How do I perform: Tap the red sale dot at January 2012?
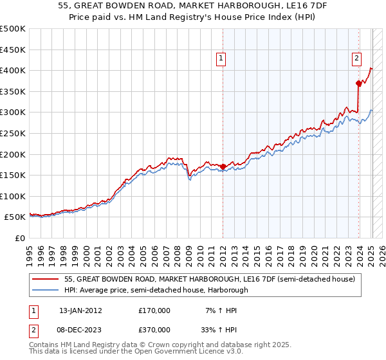pyautogui.click(x=223, y=166)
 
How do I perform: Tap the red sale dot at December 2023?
pyautogui.click(x=358, y=83)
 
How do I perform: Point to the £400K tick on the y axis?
pyautogui.click(x=13, y=70)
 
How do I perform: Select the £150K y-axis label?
pyautogui.click(x=13, y=175)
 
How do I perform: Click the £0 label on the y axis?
pyautogui.click(x=19, y=238)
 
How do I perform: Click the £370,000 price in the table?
pyautogui.click(x=154, y=328)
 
